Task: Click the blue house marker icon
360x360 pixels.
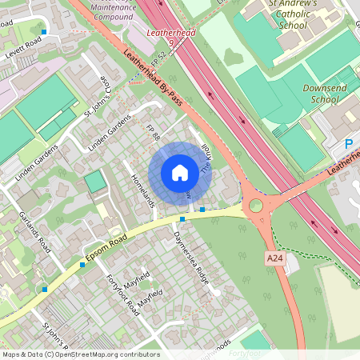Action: [180, 172]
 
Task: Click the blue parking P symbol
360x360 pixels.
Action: [349, 144]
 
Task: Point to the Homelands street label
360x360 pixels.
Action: [141, 190]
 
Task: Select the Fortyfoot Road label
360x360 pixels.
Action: [122, 294]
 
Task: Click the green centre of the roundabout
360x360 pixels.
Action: [256, 206]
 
